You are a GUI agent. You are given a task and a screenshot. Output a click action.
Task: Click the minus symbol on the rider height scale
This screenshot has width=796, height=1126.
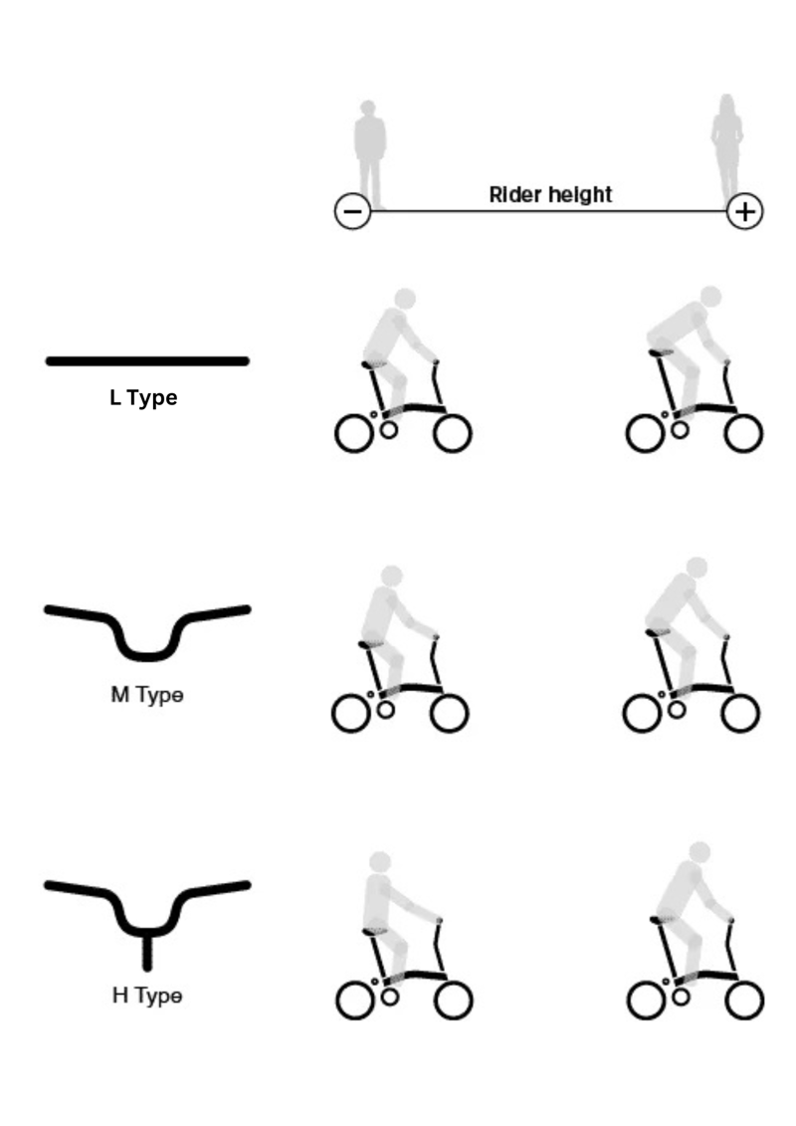coord(353,212)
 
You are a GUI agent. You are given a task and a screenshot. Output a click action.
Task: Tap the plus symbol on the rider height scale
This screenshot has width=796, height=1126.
coord(745,212)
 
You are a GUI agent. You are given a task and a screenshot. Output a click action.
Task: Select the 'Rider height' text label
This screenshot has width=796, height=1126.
coord(550,195)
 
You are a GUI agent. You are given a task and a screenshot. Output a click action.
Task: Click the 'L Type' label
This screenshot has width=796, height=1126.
coord(143,399)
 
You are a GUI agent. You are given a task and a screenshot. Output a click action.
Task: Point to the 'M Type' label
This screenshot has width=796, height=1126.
coord(146,695)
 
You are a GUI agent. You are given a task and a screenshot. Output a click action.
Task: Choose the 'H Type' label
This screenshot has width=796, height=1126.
coord(146,995)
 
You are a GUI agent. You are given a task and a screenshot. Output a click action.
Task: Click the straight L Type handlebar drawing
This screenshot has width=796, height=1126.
coord(146,360)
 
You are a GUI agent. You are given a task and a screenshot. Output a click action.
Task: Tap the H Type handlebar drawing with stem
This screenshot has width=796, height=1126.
coord(146,911)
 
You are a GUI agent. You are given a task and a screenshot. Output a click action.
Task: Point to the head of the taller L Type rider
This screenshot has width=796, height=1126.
coord(710,296)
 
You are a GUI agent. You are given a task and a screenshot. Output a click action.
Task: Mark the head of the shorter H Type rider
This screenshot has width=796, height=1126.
coord(379,861)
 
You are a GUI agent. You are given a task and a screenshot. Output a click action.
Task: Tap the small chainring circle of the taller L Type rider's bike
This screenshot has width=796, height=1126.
coord(681,429)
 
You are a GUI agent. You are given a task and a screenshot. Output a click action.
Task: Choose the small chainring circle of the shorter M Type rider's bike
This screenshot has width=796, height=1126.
coord(387,709)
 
